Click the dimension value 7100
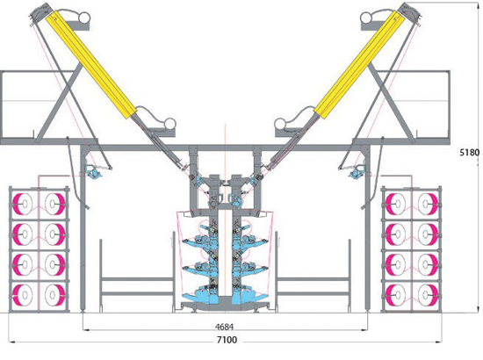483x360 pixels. click(x=227, y=340)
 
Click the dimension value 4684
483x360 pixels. click(x=225, y=327)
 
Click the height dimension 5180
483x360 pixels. click(x=470, y=153)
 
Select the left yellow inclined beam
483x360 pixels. click(x=90, y=65)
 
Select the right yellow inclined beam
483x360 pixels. click(x=359, y=65)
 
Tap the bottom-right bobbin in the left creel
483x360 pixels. click(x=54, y=295)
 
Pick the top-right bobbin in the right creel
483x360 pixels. click(x=428, y=204)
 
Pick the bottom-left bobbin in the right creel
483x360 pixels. click(x=396, y=295)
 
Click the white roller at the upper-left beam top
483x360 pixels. click(x=83, y=18)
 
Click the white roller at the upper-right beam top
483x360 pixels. click(x=366, y=18)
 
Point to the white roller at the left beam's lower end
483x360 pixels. click(x=169, y=124)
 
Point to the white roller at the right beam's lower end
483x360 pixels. click(x=280, y=124)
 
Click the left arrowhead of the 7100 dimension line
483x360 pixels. click(x=11, y=342)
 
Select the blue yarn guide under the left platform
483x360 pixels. click(x=94, y=171)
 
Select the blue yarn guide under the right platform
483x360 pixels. click(x=357, y=171)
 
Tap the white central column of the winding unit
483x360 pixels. click(x=225, y=254)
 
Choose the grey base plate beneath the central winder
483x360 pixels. click(x=225, y=306)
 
